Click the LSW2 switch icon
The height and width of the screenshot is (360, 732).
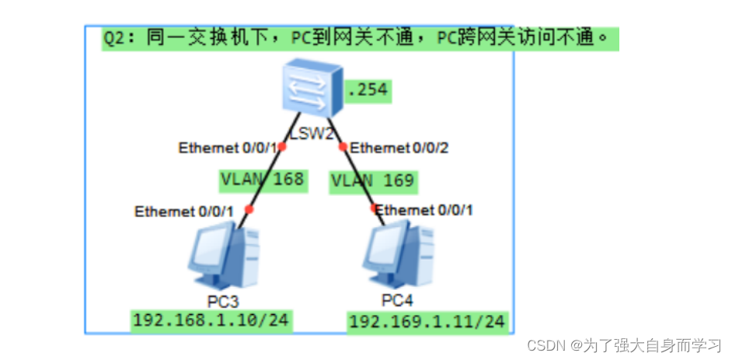tap(312, 89)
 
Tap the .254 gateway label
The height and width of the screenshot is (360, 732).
tap(368, 90)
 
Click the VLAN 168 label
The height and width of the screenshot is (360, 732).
tap(262, 180)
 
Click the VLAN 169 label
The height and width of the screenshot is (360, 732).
tap(373, 182)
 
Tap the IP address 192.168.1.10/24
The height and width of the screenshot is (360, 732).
tap(211, 320)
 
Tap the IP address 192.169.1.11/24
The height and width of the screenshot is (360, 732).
tap(427, 321)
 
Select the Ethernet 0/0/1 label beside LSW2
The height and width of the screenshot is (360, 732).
tap(226, 148)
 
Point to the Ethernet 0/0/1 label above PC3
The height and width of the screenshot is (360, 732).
tap(184, 211)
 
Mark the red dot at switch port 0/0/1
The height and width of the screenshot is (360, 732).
tap(282, 147)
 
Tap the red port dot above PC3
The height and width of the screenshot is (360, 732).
tap(249, 209)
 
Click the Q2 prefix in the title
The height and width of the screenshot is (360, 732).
tap(115, 38)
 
